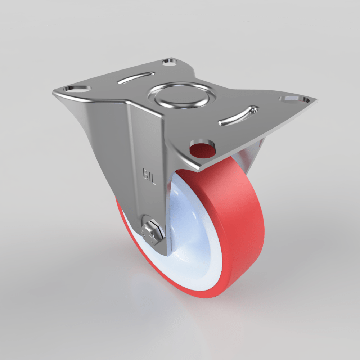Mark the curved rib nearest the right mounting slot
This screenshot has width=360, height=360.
[238, 115]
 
